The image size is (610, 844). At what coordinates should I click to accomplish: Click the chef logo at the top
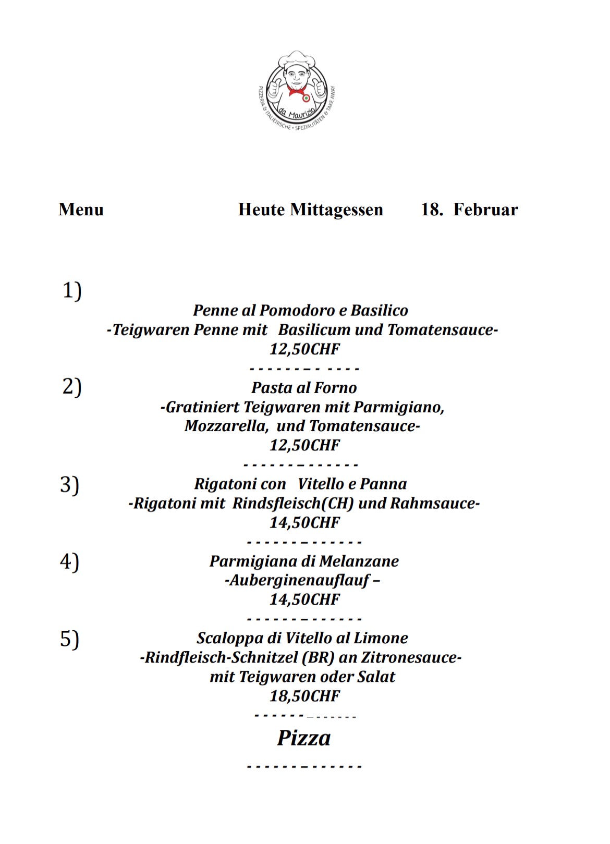coord(298,90)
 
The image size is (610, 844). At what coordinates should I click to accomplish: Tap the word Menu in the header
coord(81,210)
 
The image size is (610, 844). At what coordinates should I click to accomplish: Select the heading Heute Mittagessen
coord(310,210)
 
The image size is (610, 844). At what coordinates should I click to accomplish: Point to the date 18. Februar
coord(469,210)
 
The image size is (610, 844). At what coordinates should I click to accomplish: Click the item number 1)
coord(72,290)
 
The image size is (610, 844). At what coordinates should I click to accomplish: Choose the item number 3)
coord(69,484)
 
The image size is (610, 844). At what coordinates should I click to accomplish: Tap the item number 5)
coord(69,639)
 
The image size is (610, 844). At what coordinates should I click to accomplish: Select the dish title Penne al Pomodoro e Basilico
coord(300,310)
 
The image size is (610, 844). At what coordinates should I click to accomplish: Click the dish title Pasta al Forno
coord(304,387)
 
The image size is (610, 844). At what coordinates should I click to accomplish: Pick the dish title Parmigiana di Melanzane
coord(304,561)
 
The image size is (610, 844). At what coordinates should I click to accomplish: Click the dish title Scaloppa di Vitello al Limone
coord(302,638)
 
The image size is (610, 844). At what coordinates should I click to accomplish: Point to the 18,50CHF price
coord(304,695)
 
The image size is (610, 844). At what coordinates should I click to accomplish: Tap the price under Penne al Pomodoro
coord(304,349)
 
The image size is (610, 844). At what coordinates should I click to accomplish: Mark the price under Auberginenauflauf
coord(304,599)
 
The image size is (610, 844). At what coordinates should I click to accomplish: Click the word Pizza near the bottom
coord(303,738)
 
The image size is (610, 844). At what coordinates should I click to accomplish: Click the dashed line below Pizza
coord(304,767)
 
